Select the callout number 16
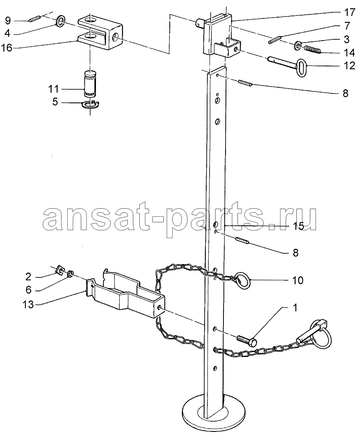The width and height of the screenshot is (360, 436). click(x=7, y=48)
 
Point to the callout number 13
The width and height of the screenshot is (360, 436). click(x=28, y=304)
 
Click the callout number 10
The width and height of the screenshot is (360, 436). click(x=297, y=280)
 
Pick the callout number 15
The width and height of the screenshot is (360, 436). click(x=298, y=226)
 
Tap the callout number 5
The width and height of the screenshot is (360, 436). click(x=55, y=102)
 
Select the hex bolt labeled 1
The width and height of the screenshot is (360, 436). click(x=247, y=341)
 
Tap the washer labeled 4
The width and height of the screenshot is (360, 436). click(x=61, y=21)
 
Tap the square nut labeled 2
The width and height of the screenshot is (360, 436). click(x=59, y=270)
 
